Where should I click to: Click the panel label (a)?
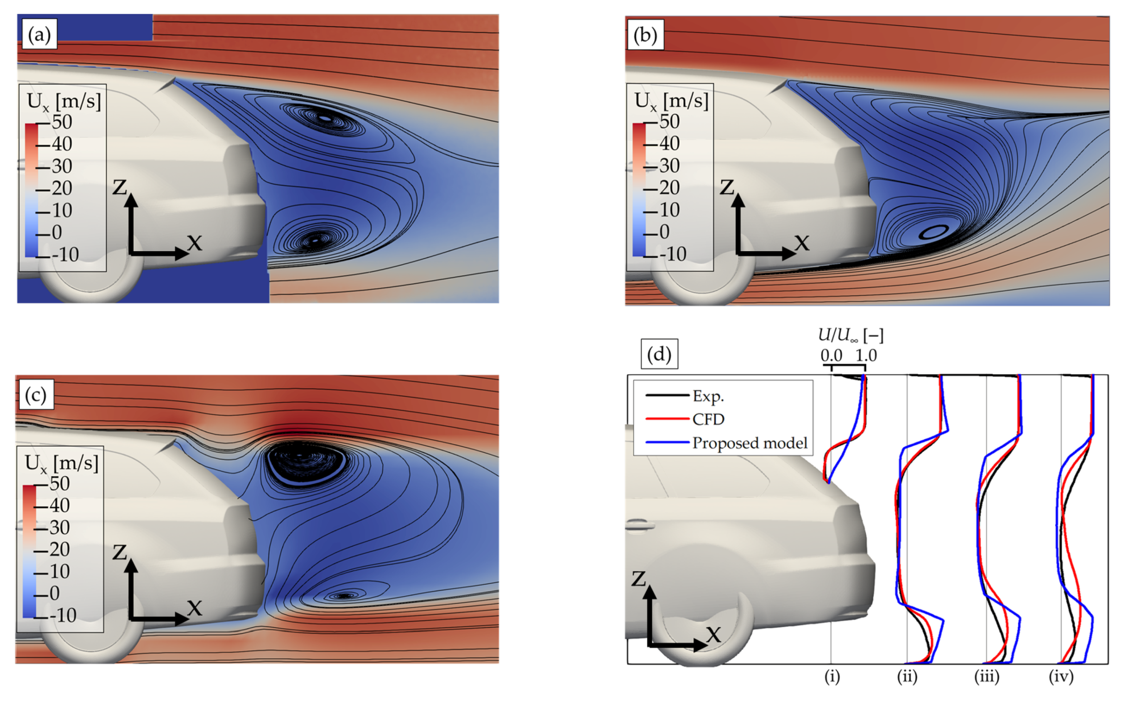pyautogui.click(x=39, y=35)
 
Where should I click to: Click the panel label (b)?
pyautogui.click(x=645, y=35)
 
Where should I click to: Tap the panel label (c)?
pyautogui.click(x=36, y=395)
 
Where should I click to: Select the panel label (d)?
pyautogui.click(x=659, y=354)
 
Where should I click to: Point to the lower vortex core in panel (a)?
pyautogui.click(x=315, y=241)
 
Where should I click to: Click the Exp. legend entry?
pyautogui.click(x=707, y=396)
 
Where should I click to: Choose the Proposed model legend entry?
pyautogui.click(x=749, y=443)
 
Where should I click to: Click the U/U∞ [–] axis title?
pyautogui.click(x=850, y=336)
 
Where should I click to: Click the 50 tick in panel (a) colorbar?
pyautogui.click(x=62, y=122)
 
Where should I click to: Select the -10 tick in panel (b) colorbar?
pyautogui.click(x=673, y=254)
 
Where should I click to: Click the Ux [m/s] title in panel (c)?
pyautogui.click(x=61, y=463)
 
